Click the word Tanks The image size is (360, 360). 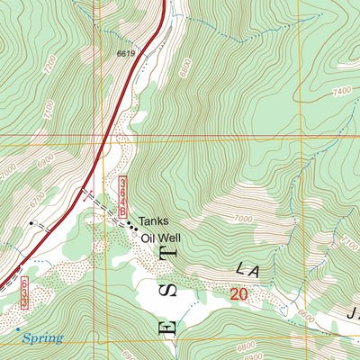(153, 220)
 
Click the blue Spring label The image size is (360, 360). (43, 338)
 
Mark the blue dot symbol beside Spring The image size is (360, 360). (17, 329)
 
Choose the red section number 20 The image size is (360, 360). (238, 294)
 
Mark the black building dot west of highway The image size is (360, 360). (32, 220)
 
